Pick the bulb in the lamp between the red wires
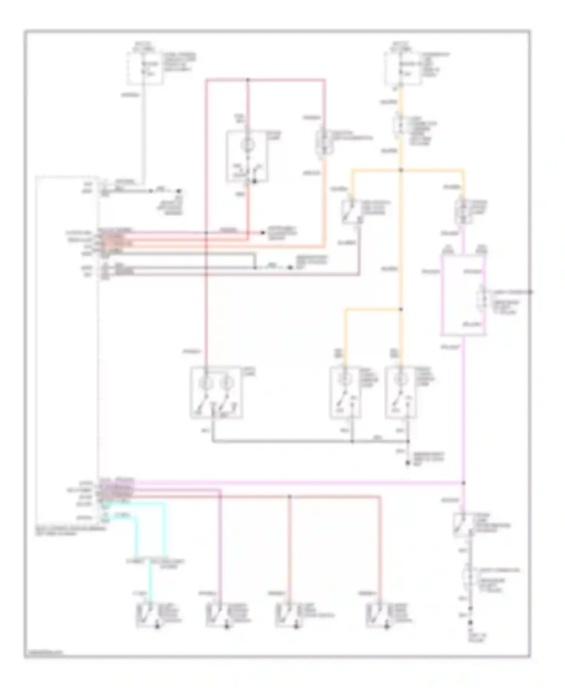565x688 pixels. click(247, 145)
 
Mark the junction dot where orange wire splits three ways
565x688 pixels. click(401, 170)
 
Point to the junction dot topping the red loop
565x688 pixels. click(247, 80)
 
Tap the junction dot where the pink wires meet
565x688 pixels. click(464, 483)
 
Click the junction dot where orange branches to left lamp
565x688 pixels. click(401, 310)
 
